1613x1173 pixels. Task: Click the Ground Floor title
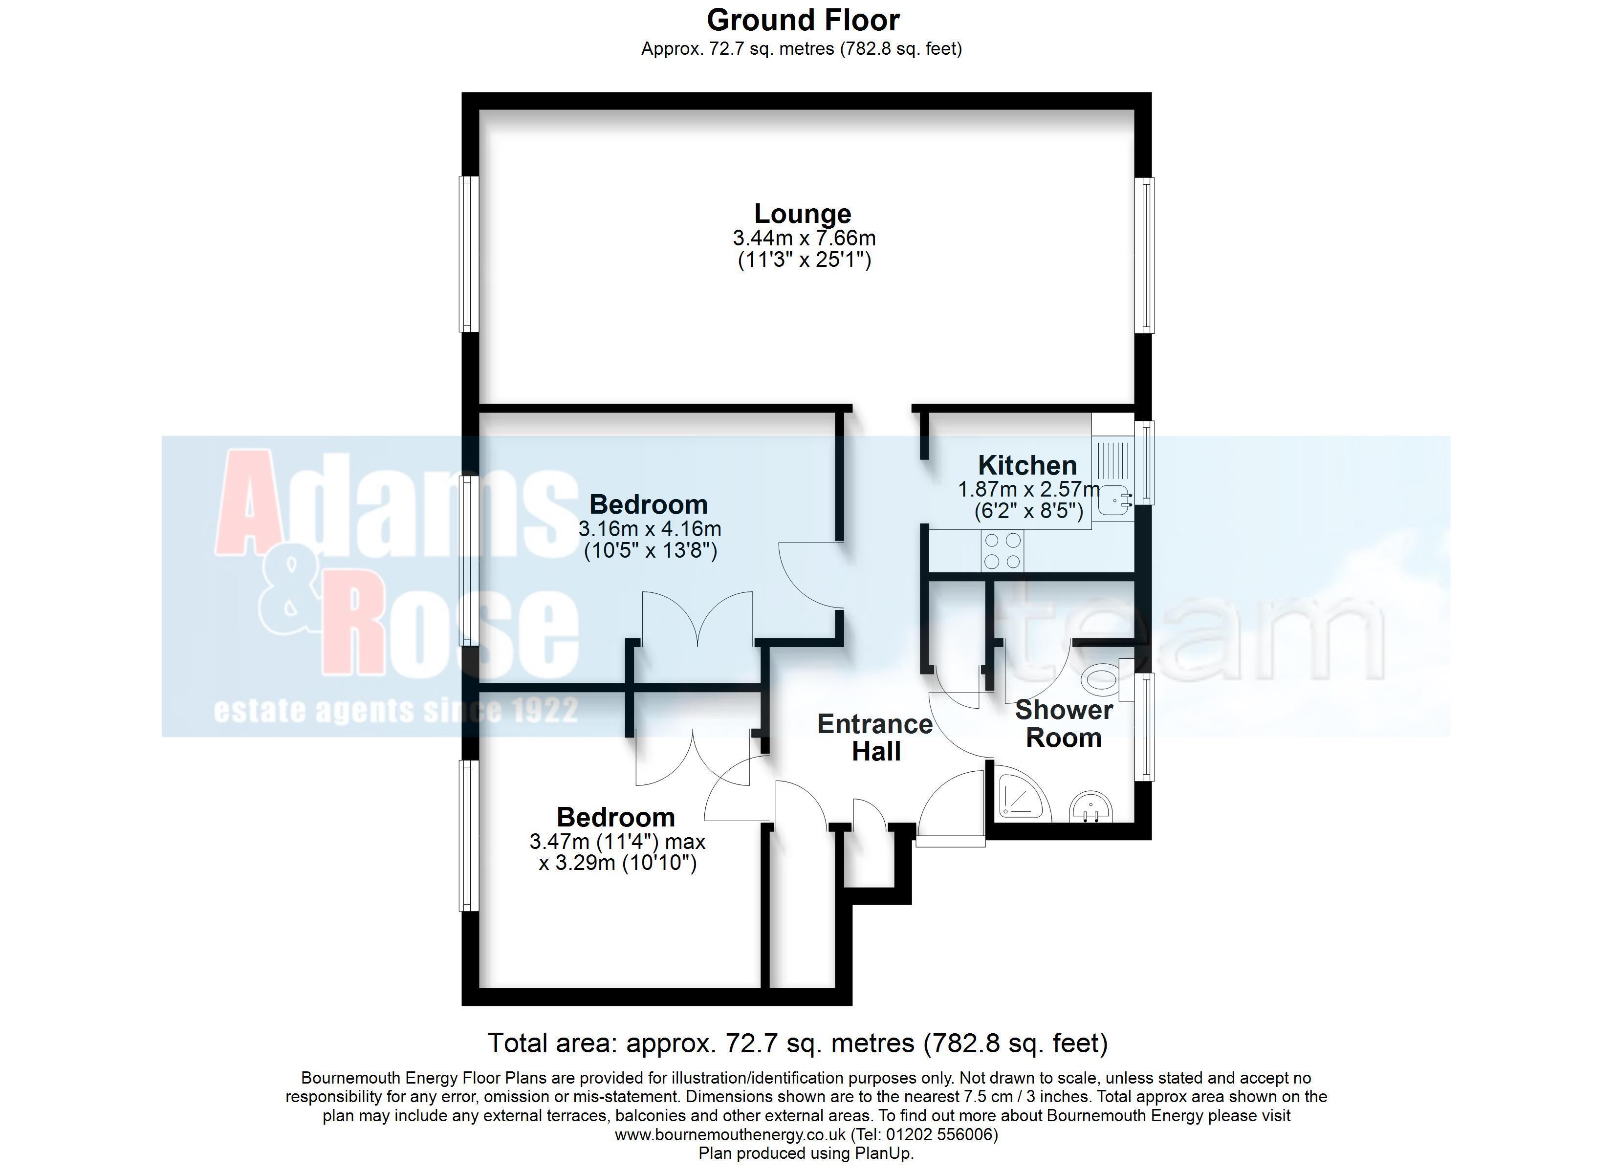(x=803, y=20)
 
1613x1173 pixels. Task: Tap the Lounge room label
(x=803, y=214)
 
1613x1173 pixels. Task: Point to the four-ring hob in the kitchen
(x=1002, y=551)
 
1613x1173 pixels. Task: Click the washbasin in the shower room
(x=1091, y=806)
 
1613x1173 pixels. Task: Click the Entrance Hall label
(x=875, y=738)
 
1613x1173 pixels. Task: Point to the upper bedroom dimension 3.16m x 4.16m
(x=650, y=528)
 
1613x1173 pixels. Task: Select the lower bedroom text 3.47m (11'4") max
(x=617, y=842)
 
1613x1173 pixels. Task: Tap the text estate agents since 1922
(x=396, y=711)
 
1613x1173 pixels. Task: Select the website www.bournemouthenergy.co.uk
(x=730, y=1134)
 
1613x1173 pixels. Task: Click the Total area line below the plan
(x=798, y=1043)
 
